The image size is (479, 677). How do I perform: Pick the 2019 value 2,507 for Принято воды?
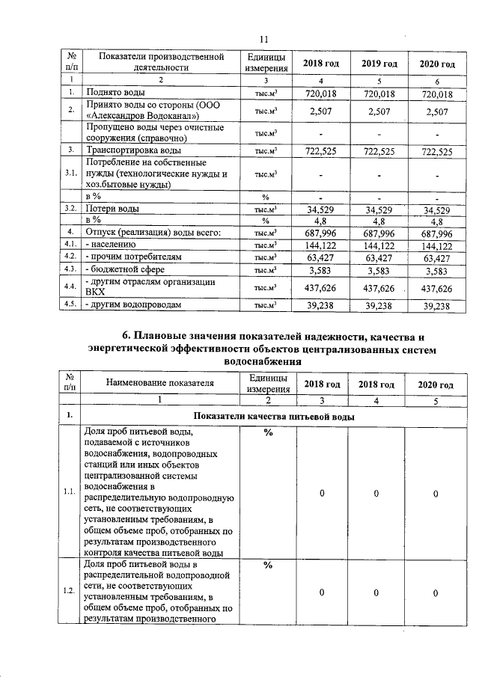[379, 111]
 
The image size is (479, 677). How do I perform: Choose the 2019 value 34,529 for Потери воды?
[379, 209]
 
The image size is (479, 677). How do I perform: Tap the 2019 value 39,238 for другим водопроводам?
[379, 305]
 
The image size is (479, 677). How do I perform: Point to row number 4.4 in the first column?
[70, 287]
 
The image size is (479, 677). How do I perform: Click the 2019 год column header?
[379, 64]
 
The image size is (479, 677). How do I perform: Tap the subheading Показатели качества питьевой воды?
[273, 416]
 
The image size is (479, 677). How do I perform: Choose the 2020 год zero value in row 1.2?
[435, 592]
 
